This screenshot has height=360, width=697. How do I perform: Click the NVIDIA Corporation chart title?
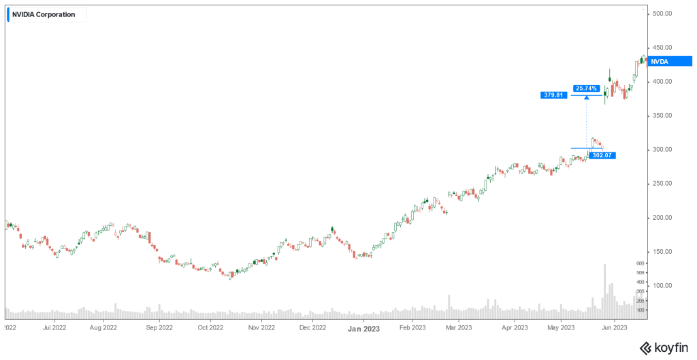[x=44, y=14]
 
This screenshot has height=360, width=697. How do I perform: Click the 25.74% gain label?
[x=585, y=88]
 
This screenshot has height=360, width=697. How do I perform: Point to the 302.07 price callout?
[x=602, y=155]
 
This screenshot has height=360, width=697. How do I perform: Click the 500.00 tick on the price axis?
[x=662, y=14]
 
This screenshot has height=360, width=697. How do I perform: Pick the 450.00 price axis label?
[x=662, y=48]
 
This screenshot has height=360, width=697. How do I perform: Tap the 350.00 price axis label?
[x=662, y=116]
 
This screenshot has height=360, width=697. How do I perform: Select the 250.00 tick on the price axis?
[x=662, y=184]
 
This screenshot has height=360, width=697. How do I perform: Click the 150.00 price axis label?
[x=662, y=252]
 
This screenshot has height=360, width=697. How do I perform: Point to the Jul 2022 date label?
[x=54, y=327]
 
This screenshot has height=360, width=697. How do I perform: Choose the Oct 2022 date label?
[x=210, y=327]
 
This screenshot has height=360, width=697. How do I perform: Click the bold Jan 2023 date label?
[x=364, y=327]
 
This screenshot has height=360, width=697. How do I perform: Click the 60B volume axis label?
[x=641, y=263]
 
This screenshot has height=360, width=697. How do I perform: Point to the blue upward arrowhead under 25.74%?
[x=586, y=99]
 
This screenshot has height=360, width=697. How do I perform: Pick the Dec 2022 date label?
[x=312, y=327]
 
